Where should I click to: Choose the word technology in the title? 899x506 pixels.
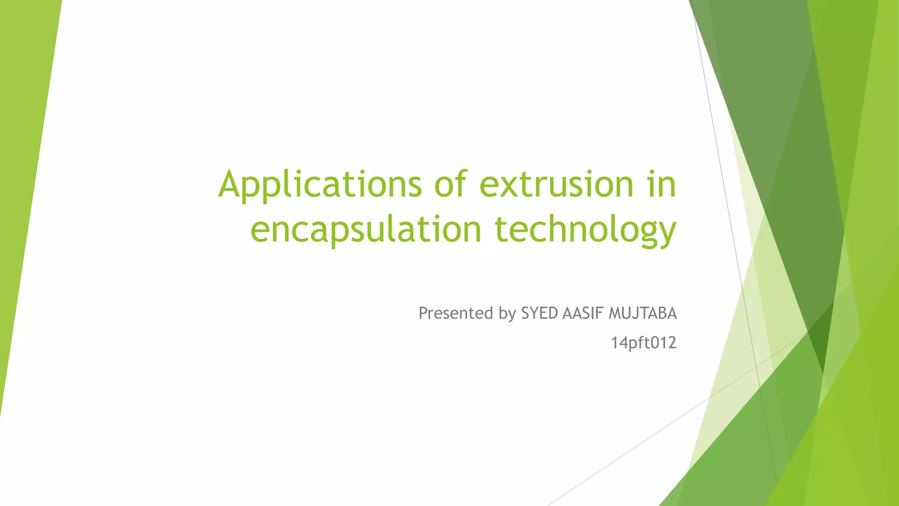pyautogui.click(x=586, y=230)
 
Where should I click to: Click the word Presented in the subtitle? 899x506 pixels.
pyautogui.click(x=456, y=313)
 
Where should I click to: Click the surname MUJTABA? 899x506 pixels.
pyautogui.click(x=643, y=313)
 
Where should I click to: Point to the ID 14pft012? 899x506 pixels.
pyautogui.click(x=644, y=343)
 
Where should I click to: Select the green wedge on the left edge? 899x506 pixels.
pyautogui.click(x=22, y=176)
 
